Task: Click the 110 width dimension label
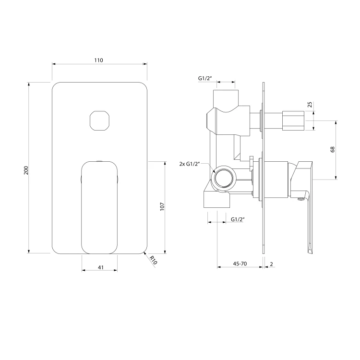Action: point(98,60)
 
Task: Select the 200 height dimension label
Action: point(26,170)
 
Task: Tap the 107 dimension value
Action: point(162,206)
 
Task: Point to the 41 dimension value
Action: point(101,267)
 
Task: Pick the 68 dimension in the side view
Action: point(333,149)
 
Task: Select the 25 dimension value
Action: point(310,105)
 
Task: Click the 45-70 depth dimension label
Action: point(240,264)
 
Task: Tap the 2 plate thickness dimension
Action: point(271,264)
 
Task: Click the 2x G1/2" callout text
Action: point(190,164)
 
